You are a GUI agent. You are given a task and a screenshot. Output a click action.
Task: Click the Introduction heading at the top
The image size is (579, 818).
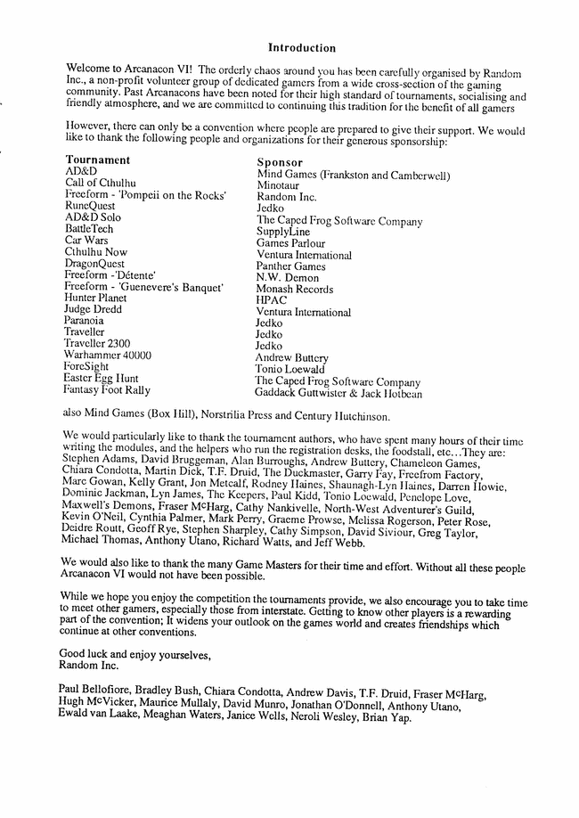coord(302,48)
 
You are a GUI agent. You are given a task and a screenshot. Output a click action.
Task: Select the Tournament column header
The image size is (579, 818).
coord(97,160)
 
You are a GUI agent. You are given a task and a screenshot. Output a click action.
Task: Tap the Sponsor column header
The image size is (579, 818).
coord(281,162)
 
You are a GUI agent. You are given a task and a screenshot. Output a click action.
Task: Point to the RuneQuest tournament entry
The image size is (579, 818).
coord(90,206)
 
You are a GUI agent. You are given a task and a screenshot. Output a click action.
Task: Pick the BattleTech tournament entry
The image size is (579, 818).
coord(89,229)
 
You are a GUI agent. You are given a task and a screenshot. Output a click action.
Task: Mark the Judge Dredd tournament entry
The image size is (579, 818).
coord(93,309)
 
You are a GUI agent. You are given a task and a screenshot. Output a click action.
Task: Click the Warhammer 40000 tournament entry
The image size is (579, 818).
coord(107,355)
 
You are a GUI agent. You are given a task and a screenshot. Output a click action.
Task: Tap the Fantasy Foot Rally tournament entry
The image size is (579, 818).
coord(106,389)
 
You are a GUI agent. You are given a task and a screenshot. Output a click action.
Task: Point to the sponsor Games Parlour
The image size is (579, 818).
coord(290,243)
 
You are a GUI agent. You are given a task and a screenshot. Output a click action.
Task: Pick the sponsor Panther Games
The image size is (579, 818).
coord(290,266)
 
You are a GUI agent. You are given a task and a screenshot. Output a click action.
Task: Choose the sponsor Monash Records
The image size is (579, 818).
coord(295,290)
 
